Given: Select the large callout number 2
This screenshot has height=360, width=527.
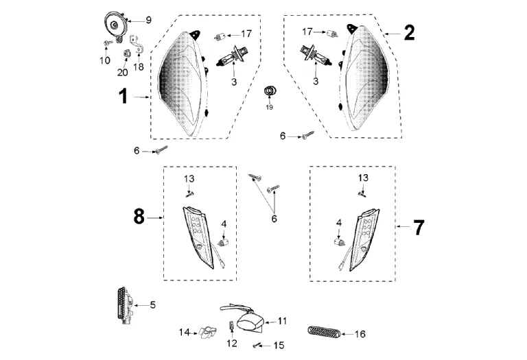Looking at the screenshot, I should tap(409, 32).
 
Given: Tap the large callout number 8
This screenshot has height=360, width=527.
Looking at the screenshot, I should tap(139, 217).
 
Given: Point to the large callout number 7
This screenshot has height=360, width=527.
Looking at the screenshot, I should tap(419, 228).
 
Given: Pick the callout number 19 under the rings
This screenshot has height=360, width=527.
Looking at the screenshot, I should tap(270, 108).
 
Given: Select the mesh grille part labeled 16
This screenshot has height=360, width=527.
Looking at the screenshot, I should tap(320, 333).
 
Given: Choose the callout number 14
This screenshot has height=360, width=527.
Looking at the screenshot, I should tap(184, 333).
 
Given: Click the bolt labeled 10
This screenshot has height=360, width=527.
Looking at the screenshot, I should tap(108, 44).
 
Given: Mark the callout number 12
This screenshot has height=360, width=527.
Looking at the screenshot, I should tap(231, 343).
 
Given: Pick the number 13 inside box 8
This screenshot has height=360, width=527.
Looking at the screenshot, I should tap(189, 178).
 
